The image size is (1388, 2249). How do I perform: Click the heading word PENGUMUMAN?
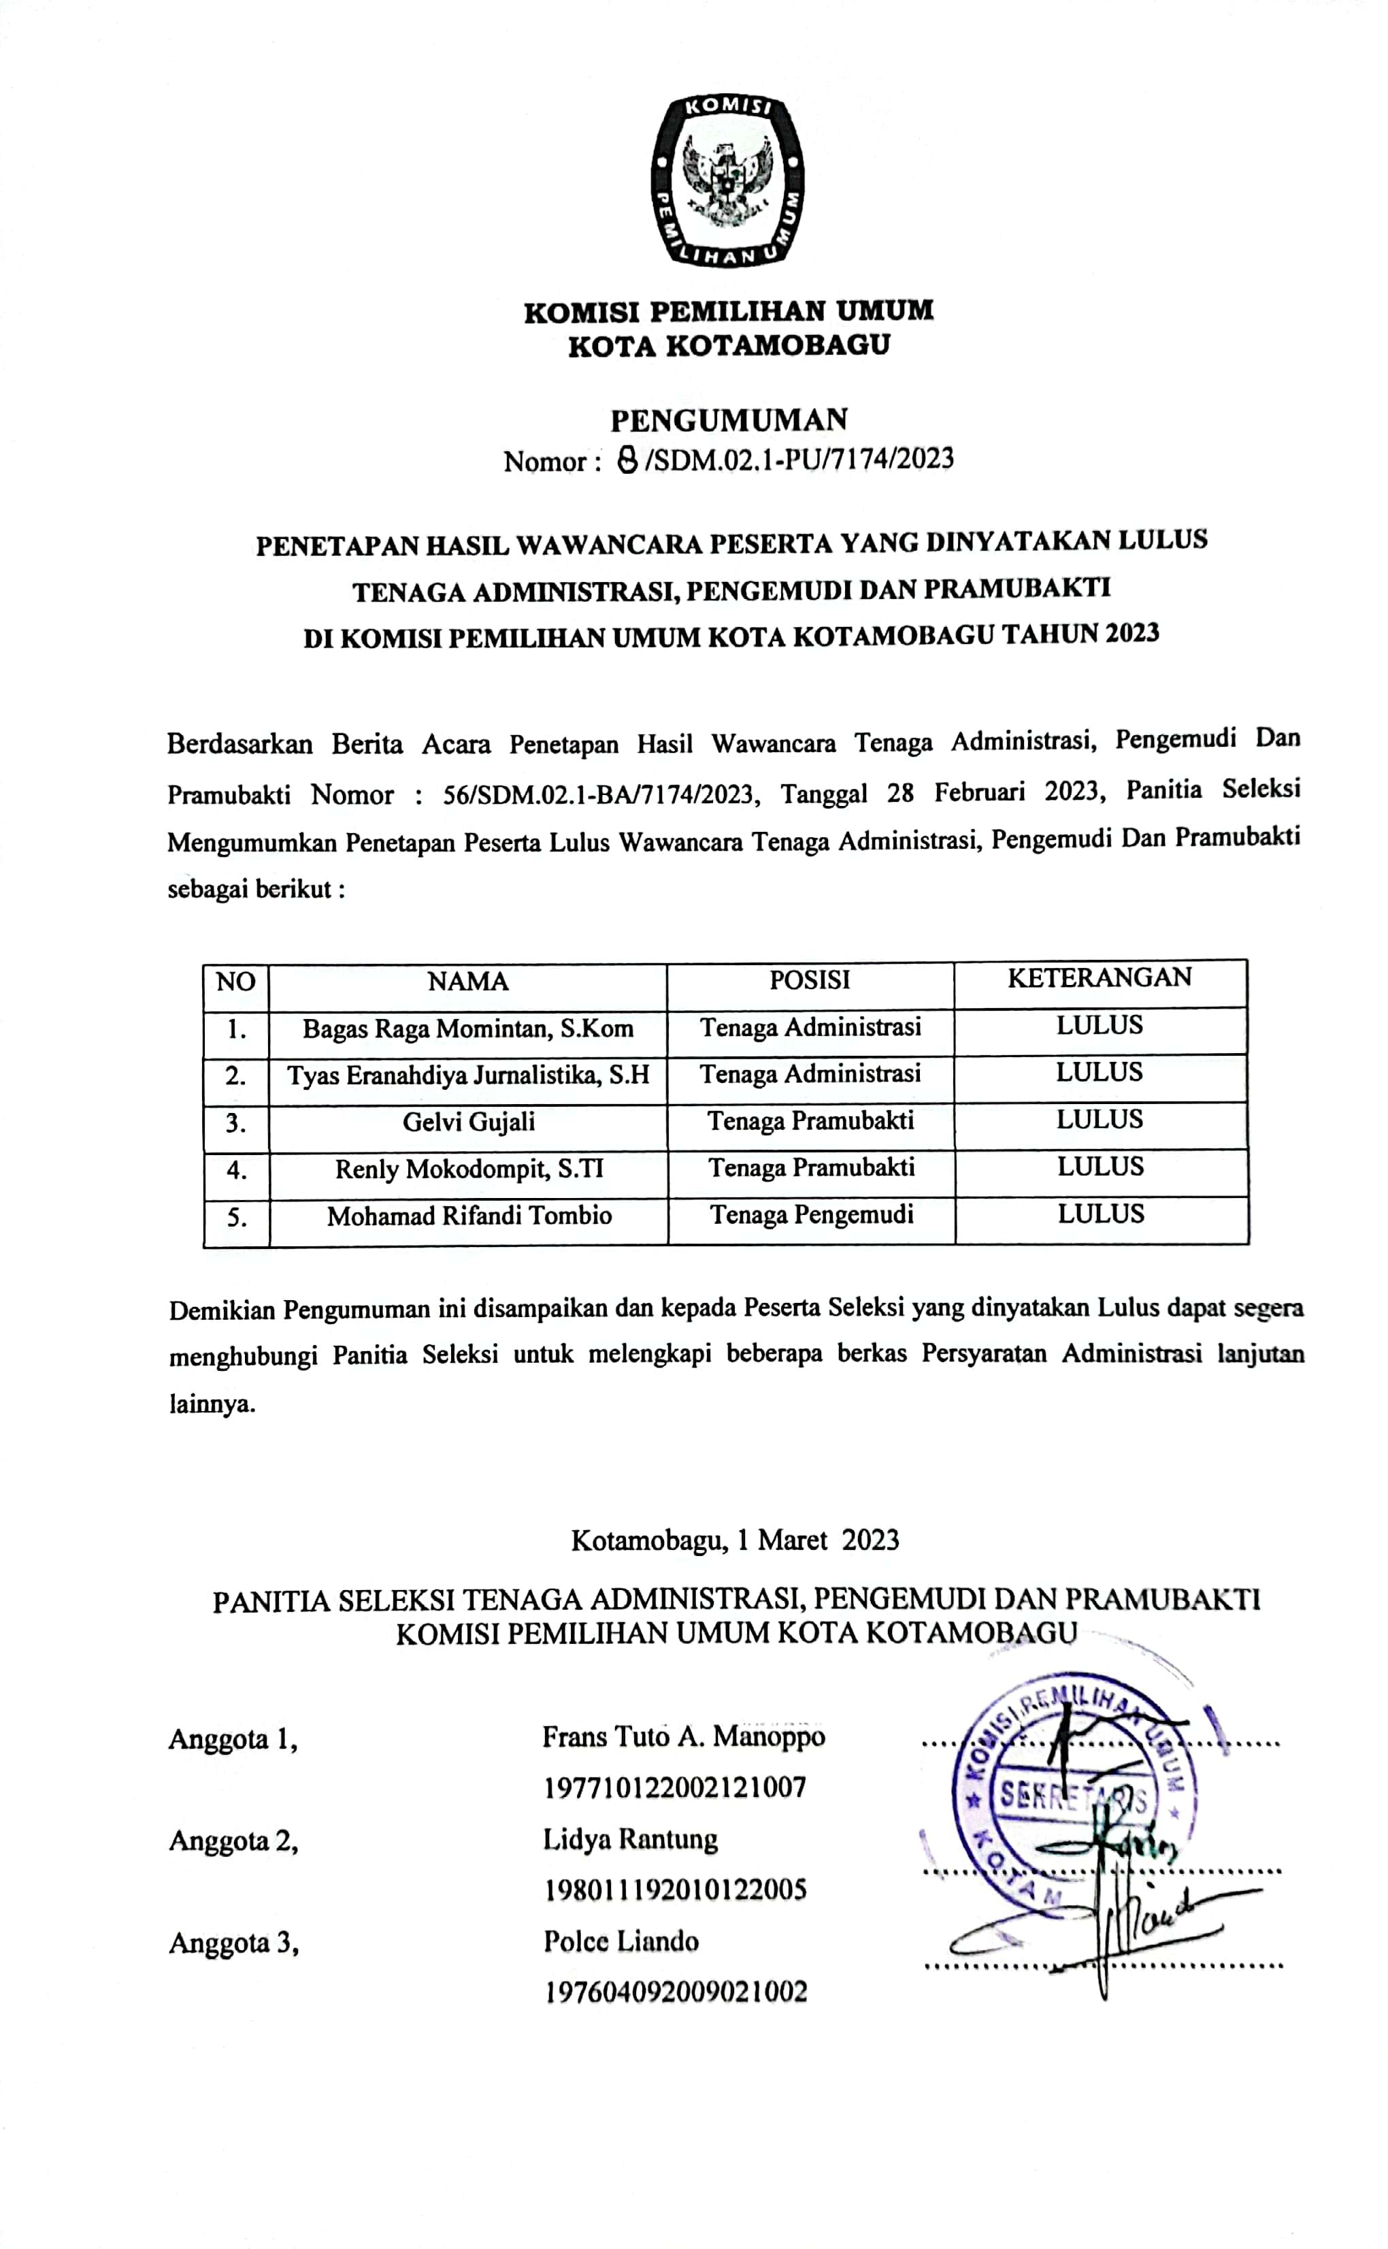coord(729,420)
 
